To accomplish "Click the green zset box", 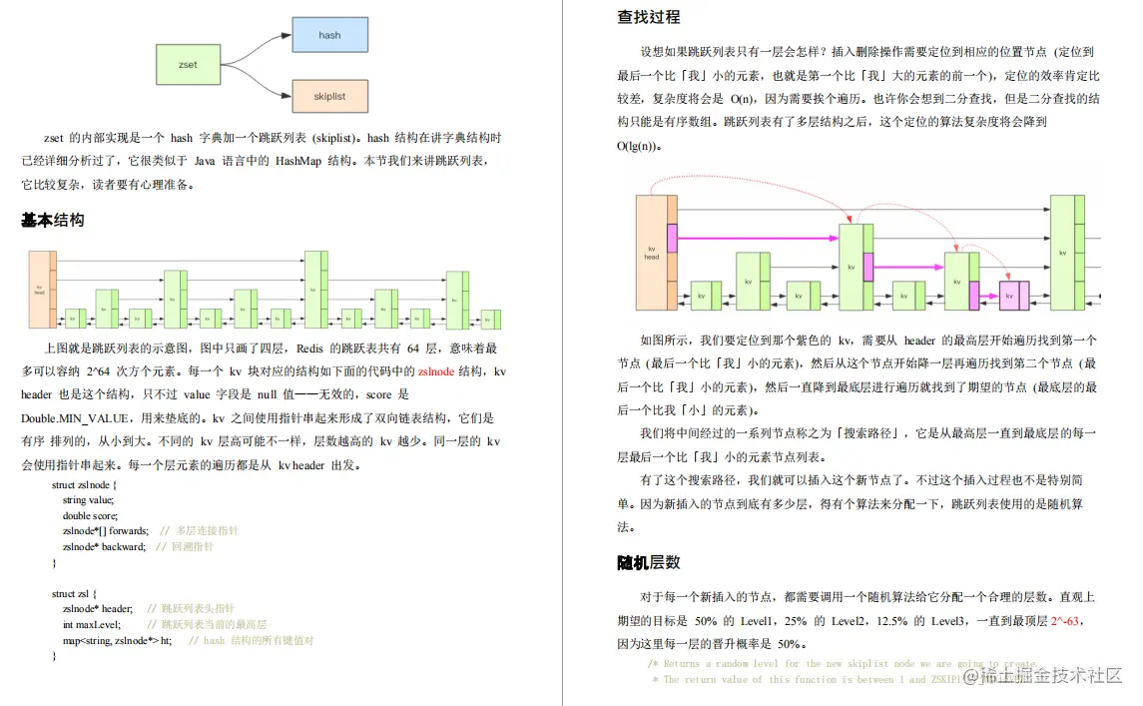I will pos(188,64).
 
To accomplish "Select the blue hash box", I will pos(329,35).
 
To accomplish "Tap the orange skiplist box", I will pos(329,97).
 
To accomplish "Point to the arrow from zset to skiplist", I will pos(256,84).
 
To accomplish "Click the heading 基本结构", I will pos(52,220).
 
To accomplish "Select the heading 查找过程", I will pos(649,17).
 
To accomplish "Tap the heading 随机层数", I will pos(649,563).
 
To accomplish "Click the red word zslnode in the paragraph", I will pos(435,370).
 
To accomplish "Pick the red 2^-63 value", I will pos(1066,620).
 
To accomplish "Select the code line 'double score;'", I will pos(90,515).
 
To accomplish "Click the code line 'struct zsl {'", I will pos(74,593).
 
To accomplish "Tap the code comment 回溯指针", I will pos(192,546).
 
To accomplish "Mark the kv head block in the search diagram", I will pos(652,252).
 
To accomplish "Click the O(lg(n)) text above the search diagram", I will pos(639,146).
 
